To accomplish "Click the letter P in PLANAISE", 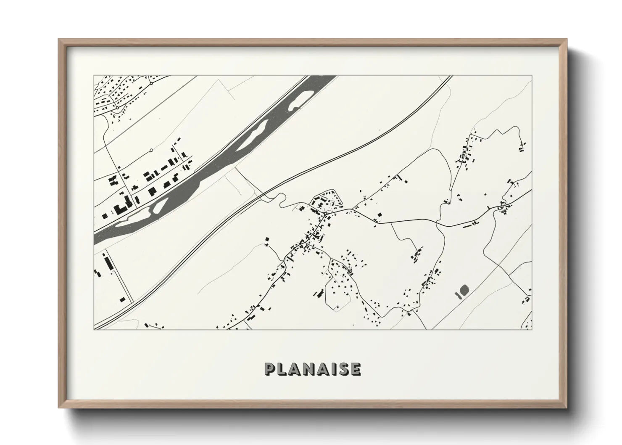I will pos(270,369).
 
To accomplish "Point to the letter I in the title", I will pos(334,369).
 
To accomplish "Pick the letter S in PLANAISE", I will pos(343,369).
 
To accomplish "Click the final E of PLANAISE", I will pos(356,369).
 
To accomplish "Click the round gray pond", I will pos(464,289).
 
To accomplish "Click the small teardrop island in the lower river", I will pos(159,206).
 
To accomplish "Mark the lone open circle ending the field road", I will pos(151,150).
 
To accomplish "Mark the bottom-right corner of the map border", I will pos(532,329).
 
